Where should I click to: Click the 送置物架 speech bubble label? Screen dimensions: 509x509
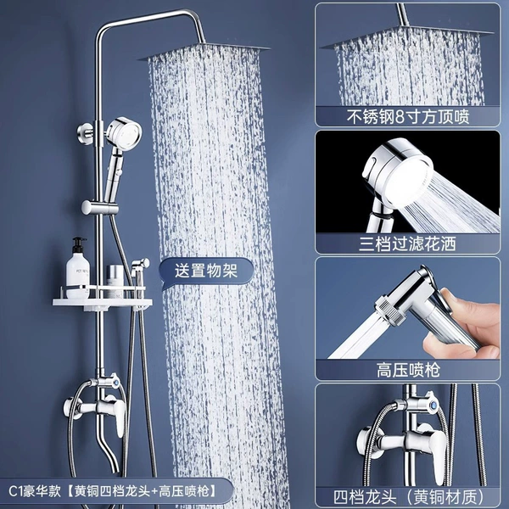[206, 271]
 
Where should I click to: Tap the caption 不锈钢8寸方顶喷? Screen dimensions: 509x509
[408, 117]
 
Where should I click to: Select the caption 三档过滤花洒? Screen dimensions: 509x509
[408, 243]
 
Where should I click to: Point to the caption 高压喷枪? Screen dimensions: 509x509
[408, 370]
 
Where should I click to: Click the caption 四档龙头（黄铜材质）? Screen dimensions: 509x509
[409, 496]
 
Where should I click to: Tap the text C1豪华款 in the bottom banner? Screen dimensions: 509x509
[35, 491]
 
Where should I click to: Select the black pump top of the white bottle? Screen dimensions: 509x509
[79, 245]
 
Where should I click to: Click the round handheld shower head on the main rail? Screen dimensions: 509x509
[124, 132]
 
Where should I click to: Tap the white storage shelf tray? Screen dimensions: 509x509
[103, 303]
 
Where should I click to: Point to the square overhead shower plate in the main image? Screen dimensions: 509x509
[204, 52]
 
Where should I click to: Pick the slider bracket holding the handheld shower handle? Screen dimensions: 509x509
[99, 207]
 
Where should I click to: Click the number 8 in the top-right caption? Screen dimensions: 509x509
[399, 117]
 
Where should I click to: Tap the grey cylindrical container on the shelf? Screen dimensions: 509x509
[115, 281]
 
